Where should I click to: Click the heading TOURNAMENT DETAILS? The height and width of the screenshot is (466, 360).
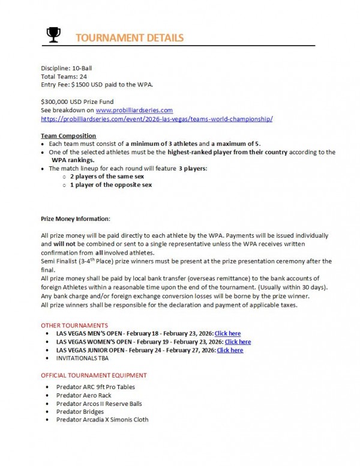tap(130, 38)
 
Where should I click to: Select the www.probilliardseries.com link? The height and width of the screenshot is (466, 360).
tap(134, 110)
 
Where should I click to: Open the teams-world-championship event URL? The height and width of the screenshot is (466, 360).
tap(157, 119)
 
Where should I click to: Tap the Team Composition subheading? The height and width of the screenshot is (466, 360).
tap(68, 136)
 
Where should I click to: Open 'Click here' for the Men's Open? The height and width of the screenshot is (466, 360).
tap(227, 333)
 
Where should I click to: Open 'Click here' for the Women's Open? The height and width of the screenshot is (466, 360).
tap(238, 342)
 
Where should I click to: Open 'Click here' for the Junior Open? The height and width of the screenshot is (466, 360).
tap(230, 350)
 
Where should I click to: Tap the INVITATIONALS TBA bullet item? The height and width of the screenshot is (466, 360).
tap(83, 359)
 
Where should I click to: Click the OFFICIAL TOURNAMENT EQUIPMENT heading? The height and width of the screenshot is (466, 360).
tap(94, 375)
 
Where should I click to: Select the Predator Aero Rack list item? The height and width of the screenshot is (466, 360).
tap(83, 395)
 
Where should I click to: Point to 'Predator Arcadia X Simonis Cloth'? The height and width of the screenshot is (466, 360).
tap(102, 420)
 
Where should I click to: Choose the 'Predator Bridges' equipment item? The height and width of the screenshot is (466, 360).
tap(80, 411)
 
